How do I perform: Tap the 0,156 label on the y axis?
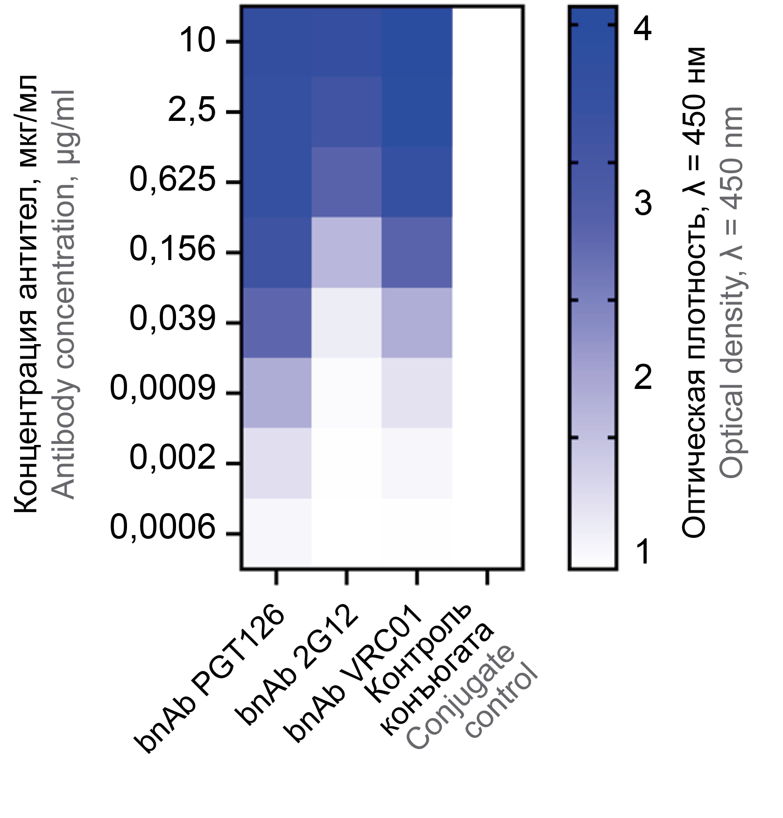(172, 250)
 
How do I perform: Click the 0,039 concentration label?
(172, 319)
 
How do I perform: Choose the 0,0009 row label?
(162, 389)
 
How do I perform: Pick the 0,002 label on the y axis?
(172, 458)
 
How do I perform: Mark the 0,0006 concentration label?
(162, 528)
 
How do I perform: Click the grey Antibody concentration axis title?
(63, 294)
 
